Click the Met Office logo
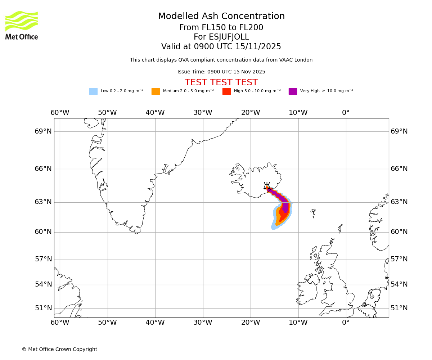(x=22, y=25)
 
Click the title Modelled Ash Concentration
(x=221, y=17)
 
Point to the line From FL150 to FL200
(x=221, y=28)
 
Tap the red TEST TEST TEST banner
(x=221, y=82)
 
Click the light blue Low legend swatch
(x=93, y=91)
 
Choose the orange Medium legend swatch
(x=156, y=91)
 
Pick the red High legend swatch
(x=226, y=91)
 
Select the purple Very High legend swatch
(x=293, y=91)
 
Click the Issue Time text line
(x=221, y=72)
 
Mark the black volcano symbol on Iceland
(x=267, y=186)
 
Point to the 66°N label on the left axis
(x=43, y=169)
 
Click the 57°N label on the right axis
(x=399, y=259)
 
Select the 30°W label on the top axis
(x=203, y=113)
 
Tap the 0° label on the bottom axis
(x=346, y=322)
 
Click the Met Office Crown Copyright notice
(x=59, y=349)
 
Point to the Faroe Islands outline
(x=313, y=213)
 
